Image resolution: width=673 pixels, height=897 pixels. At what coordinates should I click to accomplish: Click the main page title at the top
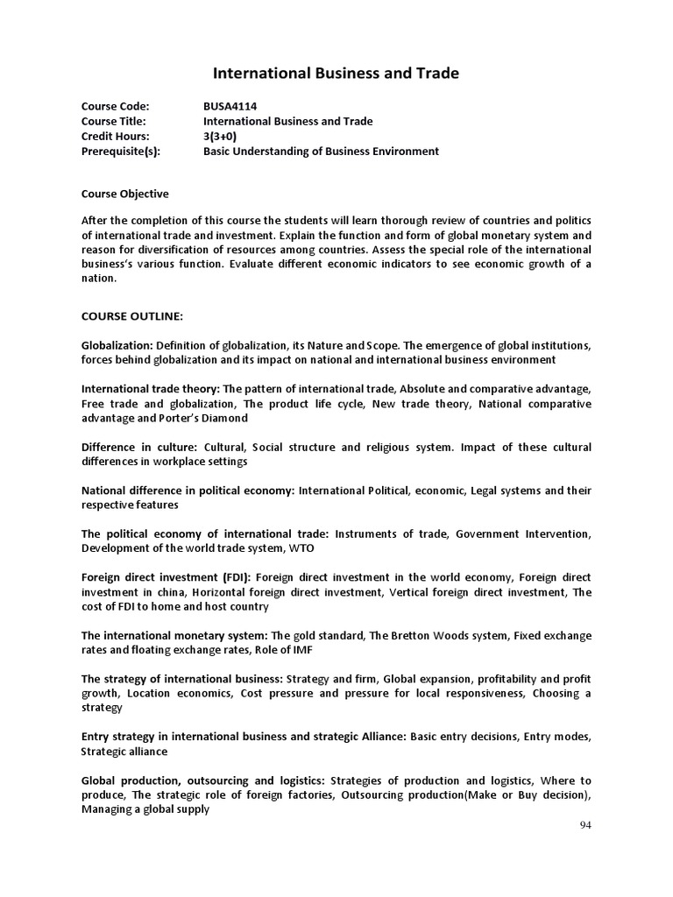click(x=336, y=74)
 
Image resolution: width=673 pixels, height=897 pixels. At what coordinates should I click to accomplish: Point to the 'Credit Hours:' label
click(x=116, y=136)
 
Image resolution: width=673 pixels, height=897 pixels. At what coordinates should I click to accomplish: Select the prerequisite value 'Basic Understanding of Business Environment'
click(x=321, y=151)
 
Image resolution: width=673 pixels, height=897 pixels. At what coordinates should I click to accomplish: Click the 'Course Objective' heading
click(x=125, y=194)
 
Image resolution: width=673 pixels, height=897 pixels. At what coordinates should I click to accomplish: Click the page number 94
click(x=586, y=825)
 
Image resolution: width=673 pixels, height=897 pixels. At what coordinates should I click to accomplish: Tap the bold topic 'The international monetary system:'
click(x=175, y=634)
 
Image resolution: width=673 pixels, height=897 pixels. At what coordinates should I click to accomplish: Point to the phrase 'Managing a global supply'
click(x=145, y=809)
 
